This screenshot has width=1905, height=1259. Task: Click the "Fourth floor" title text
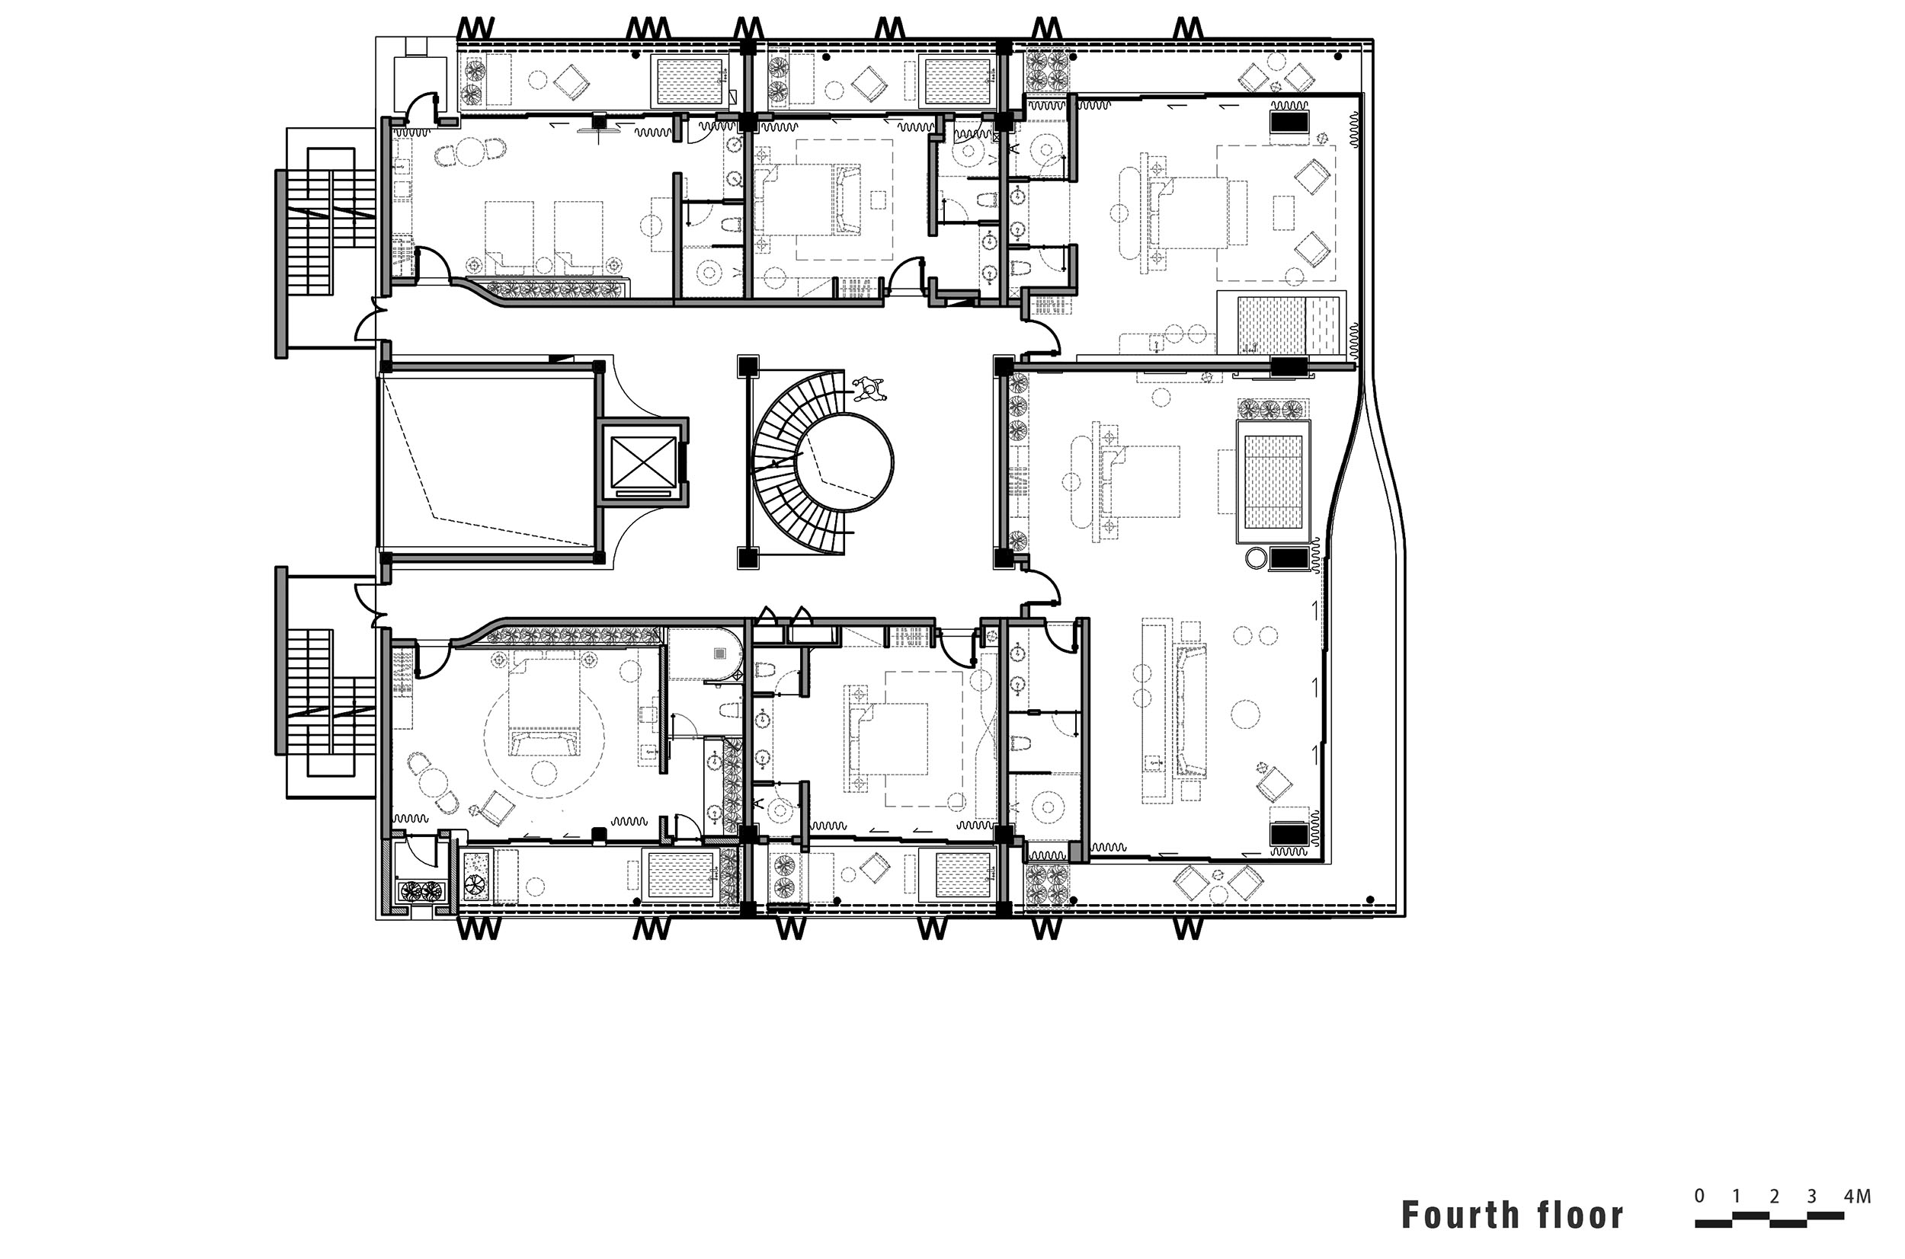coord(1512,1215)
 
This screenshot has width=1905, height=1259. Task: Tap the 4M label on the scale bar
coord(1858,1197)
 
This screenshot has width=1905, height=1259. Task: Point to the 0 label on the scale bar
coord(1699,1197)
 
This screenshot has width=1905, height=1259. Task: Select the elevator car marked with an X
coord(642,462)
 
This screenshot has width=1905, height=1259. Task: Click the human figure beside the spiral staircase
coord(869,390)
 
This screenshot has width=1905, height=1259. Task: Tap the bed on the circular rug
coord(545,705)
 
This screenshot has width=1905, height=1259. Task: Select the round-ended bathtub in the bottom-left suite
coord(706,654)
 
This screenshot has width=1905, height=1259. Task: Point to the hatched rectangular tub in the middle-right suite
coord(1274,481)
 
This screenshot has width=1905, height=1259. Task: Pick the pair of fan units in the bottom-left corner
coord(421,890)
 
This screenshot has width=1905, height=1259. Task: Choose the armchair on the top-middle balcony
coord(869,82)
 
